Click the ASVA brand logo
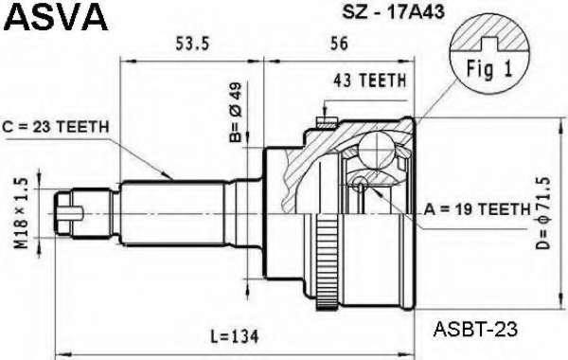pos(57,16)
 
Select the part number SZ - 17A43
pos(394,11)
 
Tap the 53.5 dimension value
pos(192,44)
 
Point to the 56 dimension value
pos(339,44)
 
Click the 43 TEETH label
pos(369,81)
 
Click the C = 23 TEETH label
pos(56,127)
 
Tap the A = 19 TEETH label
pos(477,209)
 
